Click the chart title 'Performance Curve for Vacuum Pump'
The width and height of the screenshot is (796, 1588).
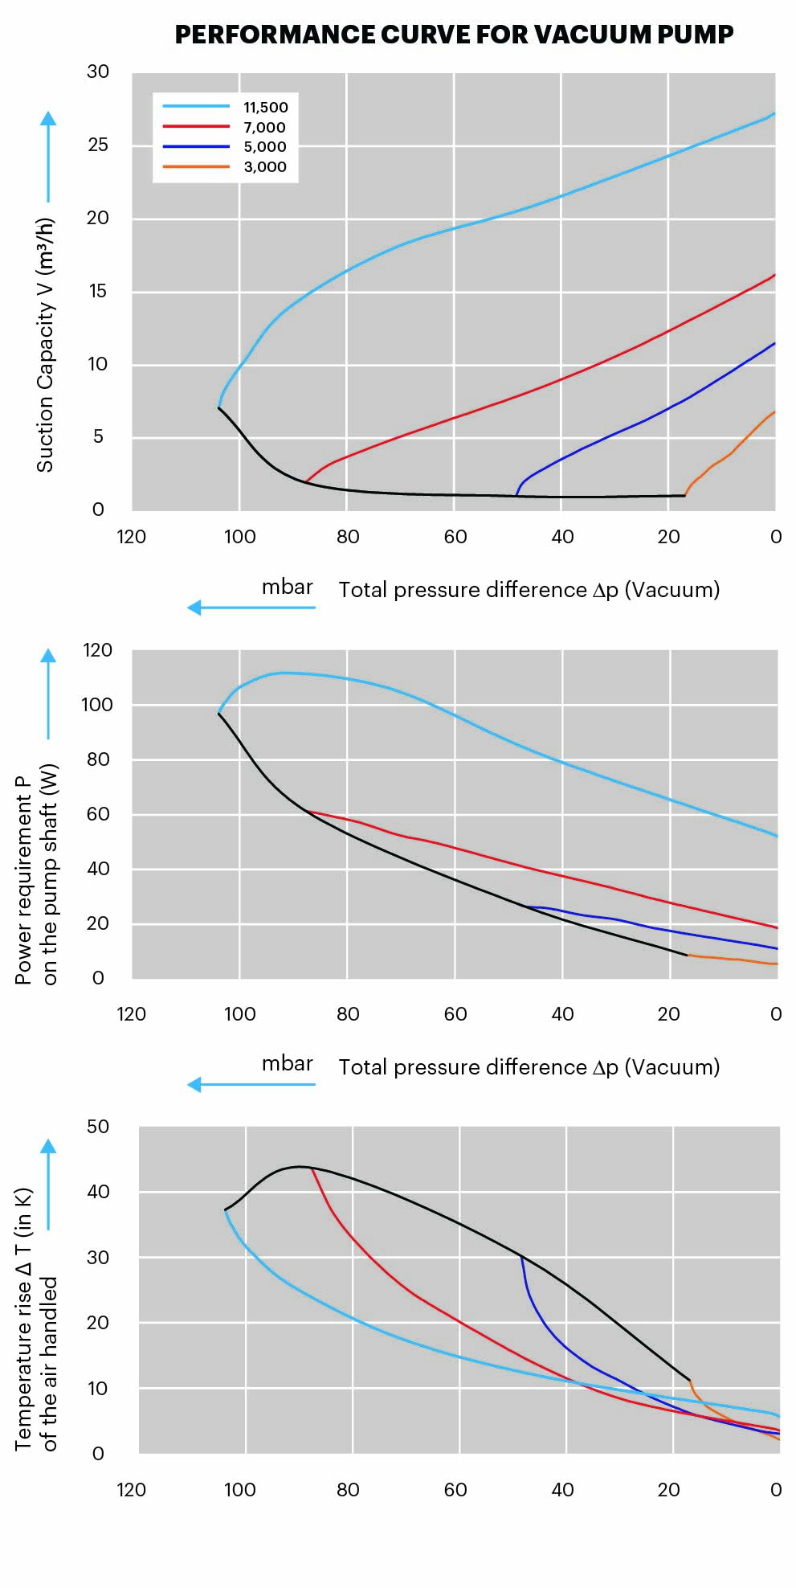tap(454, 35)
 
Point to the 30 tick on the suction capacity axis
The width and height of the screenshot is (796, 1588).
tap(98, 72)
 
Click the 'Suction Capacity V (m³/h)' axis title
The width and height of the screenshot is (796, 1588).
tap(45, 345)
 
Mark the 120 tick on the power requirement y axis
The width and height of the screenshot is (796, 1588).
tap(97, 650)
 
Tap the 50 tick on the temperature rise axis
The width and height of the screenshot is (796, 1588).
tap(98, 1127)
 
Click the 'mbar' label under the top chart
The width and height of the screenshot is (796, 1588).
tap(287, 587)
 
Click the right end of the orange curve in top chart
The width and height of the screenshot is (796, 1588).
tap(774, 412)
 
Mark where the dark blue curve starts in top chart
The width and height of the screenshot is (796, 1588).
tap(516, 495)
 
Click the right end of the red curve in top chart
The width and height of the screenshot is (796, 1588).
tap(774, 276)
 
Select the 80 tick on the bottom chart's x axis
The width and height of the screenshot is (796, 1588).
tap(348, 1490)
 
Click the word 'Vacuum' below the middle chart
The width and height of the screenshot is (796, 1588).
tap(671, 1067)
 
